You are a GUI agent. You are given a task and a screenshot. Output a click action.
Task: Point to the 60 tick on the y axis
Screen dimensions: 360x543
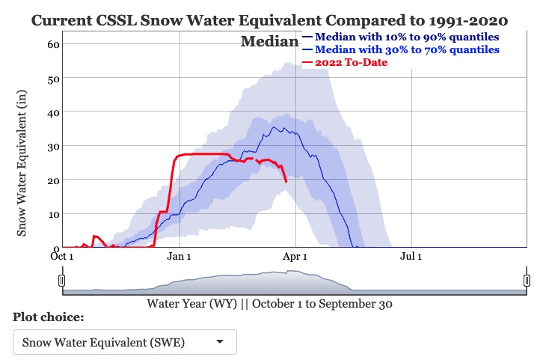point(52,43)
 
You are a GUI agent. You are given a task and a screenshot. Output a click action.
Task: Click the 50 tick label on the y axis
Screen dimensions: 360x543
point(52,78)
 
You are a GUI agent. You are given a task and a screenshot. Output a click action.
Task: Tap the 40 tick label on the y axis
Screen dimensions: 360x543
point(52,112)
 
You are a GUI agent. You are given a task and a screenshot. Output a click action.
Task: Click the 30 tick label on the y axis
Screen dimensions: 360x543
point(52,146)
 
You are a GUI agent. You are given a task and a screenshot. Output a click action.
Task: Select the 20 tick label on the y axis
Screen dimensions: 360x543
point(52,180)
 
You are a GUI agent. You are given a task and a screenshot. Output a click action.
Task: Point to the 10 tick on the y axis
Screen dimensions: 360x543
point(52,214)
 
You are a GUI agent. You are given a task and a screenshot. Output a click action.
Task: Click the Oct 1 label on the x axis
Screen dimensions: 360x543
point(63,257)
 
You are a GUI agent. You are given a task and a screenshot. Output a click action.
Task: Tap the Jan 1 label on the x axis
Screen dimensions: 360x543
point(180,257)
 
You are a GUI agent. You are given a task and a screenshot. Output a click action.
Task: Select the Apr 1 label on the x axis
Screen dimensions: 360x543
point(295,257)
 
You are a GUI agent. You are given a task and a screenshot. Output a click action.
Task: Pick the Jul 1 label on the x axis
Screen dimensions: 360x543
point(412,257)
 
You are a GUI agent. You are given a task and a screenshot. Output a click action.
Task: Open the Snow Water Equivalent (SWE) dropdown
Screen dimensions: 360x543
point(125,342)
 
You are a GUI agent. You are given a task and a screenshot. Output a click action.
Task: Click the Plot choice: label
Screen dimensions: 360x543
point(49,317)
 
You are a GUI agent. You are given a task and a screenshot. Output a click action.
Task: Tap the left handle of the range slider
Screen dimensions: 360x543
point(62,281)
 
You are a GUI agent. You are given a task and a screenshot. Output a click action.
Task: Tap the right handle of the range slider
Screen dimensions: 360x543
point(527,281)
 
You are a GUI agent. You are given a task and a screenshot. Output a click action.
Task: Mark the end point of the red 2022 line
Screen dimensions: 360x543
point(286,181)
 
